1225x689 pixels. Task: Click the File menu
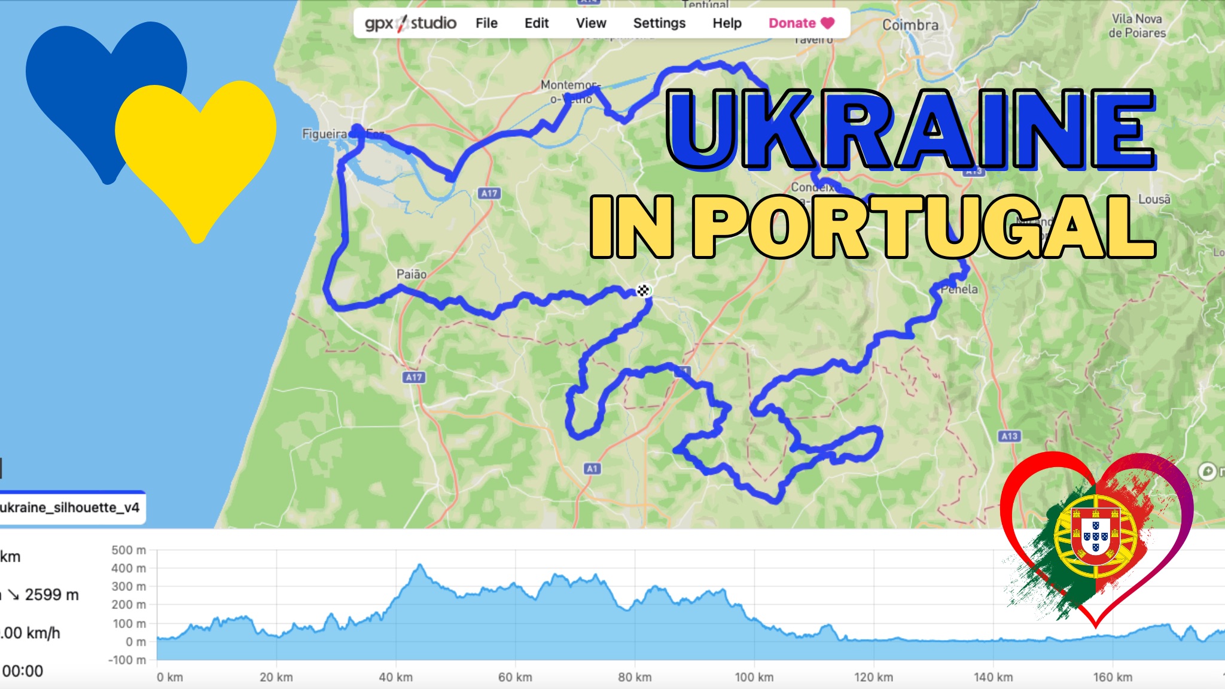[x=486, y=23]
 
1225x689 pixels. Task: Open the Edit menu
[x=537, y=23]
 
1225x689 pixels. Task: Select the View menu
[x=591, y=23]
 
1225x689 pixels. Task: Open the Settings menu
[x=659, y=23]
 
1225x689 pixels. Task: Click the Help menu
[x=727, y=23]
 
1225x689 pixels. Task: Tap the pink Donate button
[x=801, y=23]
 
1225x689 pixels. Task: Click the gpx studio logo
[x=410, y=23]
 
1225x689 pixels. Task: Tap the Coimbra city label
[x=910, y=25]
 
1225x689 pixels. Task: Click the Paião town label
[x=412, y=275]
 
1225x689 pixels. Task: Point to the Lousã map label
[x=1154, y=199]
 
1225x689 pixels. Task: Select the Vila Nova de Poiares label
[x=1137, y=26]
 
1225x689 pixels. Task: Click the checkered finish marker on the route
[x=643, y=291]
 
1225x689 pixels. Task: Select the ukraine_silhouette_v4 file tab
[x=71, y=508]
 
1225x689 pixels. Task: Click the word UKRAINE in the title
[x=909, y=129]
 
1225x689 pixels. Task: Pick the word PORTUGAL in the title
[x=924, y=227]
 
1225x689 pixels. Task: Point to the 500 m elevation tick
[x=129, y=550]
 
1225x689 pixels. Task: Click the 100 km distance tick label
[x=754, y=677]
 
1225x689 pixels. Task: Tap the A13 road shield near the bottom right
[x=1010, y=436]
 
